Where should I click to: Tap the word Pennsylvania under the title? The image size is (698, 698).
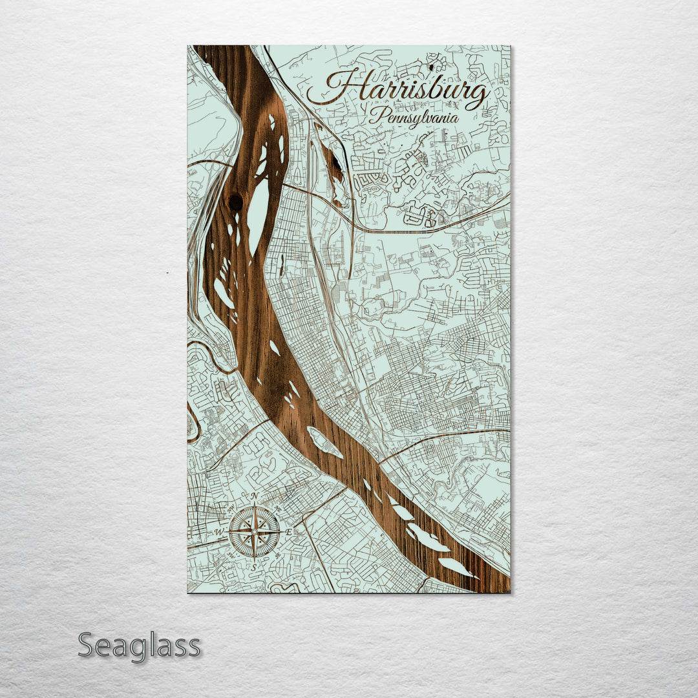[414, 118]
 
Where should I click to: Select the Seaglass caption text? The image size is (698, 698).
[139, 646]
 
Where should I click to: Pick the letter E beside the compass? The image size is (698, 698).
[290, 532]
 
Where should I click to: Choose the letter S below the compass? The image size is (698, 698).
[255, 567]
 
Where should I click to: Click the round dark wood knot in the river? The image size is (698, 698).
[236, 202]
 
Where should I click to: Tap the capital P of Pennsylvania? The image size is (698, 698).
[375, 116]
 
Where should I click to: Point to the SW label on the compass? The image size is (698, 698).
[232, 555]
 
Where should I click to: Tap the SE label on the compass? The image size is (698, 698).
[277, 555]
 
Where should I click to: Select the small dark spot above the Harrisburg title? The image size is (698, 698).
[430, 66]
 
